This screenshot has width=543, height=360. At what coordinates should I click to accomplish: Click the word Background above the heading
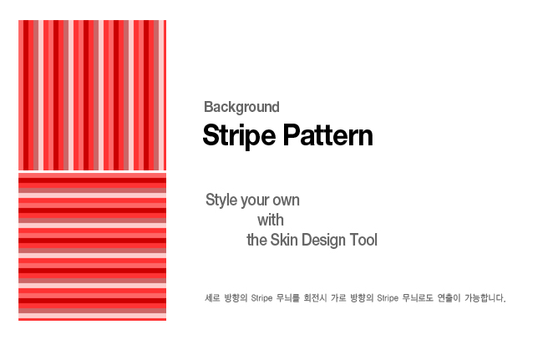pos(241,107)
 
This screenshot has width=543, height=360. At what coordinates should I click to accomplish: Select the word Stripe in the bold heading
pos(239,135)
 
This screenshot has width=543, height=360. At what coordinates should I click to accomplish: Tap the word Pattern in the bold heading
pos(328,135)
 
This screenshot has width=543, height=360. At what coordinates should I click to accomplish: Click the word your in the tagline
pos(254,201)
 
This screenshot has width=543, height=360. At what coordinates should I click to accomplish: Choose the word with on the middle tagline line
pos(271,220)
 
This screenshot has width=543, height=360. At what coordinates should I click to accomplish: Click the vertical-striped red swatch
pos(92,95)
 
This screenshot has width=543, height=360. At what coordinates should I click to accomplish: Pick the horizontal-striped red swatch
pos(92,246)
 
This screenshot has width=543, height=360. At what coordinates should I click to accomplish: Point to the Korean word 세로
pos(212,297)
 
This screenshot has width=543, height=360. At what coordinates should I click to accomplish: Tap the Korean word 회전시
pos(315,297)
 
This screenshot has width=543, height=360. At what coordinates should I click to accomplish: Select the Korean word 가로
pos(338,297)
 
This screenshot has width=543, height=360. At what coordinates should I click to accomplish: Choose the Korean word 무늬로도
pos(418,297)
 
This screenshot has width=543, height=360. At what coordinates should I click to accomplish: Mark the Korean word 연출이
pos(449,297)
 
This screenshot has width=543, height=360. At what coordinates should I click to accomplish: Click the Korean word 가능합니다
pos(485,297)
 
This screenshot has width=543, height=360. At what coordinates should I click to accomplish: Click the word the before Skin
pos(256,240)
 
